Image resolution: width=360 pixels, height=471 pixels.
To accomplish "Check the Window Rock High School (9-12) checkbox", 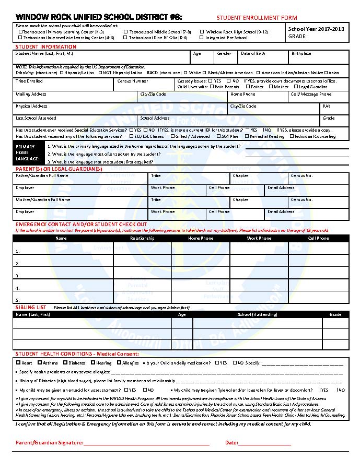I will click(x=202, y=32).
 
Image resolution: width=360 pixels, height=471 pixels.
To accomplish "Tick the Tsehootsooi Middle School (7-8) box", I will click(x=125, y=32).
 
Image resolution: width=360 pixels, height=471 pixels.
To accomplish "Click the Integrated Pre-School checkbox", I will click(x=202, y=38).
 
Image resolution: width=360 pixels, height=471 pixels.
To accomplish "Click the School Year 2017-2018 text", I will click(x=316, y=29).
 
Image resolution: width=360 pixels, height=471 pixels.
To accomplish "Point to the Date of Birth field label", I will click(x=253, y=54).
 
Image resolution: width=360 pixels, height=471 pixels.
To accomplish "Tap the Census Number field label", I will click(x=133, y=81).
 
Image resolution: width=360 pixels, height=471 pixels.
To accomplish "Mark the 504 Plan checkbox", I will click(x=219, y=136).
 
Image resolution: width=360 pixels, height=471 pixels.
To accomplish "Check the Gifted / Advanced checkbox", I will click(x=173, y=136).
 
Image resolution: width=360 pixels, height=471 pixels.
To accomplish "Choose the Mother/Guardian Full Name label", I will click(x=43, y=199).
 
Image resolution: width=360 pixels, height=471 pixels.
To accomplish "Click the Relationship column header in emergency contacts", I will click(x=142, y=238).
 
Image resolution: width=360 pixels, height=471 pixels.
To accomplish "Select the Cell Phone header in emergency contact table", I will click(x=319, y=238).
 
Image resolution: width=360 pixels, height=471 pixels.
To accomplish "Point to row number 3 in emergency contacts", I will click(x=18, y=276).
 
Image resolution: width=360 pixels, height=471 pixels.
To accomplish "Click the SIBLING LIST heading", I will click(x=31, y=308).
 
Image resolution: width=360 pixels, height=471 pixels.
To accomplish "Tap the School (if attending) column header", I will click(x=257, y=314).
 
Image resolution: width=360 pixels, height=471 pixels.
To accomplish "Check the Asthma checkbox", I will click(x=40, y=362).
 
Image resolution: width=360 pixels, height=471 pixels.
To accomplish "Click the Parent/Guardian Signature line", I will click(x=146, y=443).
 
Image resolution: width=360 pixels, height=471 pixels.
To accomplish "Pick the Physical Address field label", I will click(x=31, y=106).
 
